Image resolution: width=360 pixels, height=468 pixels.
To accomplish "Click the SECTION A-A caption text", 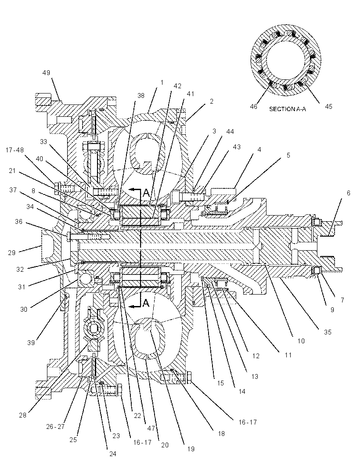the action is (x=288, y=109).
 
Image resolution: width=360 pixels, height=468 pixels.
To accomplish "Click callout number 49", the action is (x=46, y=73).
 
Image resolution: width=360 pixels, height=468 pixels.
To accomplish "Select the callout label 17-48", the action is (x=14, y=150).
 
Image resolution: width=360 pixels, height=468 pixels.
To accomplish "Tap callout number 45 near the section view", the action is (x=328, y=107).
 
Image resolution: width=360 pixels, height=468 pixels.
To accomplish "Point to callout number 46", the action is (x=253, y=107).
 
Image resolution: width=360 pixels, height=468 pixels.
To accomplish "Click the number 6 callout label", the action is (x=348, y=193).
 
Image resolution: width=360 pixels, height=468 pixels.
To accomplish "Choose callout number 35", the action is (x=328, y=332).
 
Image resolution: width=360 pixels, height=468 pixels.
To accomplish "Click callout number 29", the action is (x=12, y=253).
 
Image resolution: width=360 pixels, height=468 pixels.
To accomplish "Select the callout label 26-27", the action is (x=55, y=427).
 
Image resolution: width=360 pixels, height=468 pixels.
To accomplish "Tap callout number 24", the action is (x=112, y=454).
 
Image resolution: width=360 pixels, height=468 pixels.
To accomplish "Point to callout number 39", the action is (x=31, y=342).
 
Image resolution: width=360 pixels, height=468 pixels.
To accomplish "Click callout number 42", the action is (x=177, y=86).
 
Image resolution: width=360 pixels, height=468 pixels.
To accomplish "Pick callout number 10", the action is (x=301, y=341).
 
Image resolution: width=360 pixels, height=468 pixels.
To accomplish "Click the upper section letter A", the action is (x=146, y=193).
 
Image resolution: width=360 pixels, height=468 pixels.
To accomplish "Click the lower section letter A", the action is (x=146, y=303).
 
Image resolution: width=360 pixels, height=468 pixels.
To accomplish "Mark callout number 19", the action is (x=191, y=449).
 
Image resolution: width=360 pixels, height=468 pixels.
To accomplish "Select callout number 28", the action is (x=23, y=415).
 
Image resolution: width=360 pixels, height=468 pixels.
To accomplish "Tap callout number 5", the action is (x=288, y=155).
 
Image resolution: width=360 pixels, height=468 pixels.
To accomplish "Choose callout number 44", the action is (x=230, y=131).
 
